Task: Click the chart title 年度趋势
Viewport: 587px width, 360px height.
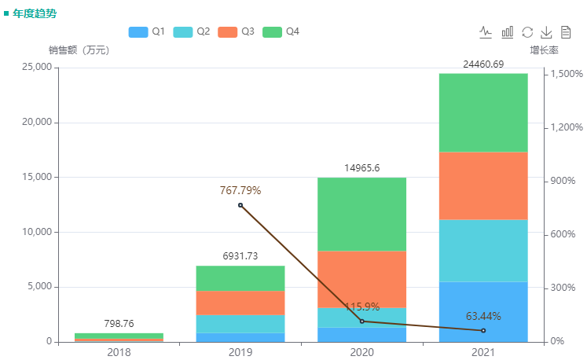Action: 35,13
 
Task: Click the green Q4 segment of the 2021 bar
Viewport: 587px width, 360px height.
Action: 483,112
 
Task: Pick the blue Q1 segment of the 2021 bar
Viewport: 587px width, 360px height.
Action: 483,311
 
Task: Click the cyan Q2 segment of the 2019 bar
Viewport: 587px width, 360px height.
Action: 240,324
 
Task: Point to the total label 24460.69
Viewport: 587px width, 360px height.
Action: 483,64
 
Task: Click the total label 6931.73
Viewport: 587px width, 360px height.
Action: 240,256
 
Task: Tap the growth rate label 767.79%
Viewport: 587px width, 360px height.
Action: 240,190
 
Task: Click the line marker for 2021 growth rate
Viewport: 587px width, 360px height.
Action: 483,330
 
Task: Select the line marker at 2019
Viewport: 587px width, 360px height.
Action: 240,205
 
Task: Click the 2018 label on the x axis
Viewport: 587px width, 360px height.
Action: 119,352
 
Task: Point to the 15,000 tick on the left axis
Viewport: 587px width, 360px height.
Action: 32,177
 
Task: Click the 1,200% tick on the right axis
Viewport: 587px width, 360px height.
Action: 566,127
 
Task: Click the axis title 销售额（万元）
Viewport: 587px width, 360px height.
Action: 79,50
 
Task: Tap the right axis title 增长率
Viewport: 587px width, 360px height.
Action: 544,50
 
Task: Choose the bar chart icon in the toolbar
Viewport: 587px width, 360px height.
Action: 508,32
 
